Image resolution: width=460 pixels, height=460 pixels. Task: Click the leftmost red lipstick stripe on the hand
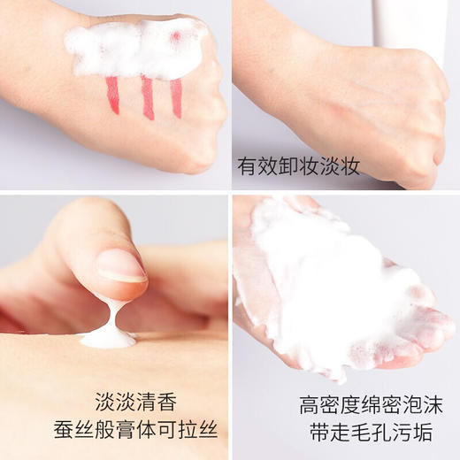click(x=112, y=95)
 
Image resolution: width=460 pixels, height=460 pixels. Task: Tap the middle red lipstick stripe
click(x=147, y=97)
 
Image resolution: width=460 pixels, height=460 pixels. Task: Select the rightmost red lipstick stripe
click(x=176, y=97)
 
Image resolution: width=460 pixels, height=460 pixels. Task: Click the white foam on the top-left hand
click(x=133, y=49)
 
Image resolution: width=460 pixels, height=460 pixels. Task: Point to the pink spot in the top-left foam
click(x=175, y=36)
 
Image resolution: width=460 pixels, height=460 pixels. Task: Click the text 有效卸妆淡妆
click(x=298, y=166)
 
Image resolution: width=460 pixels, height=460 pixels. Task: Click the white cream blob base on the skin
click(x=108, y=338)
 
